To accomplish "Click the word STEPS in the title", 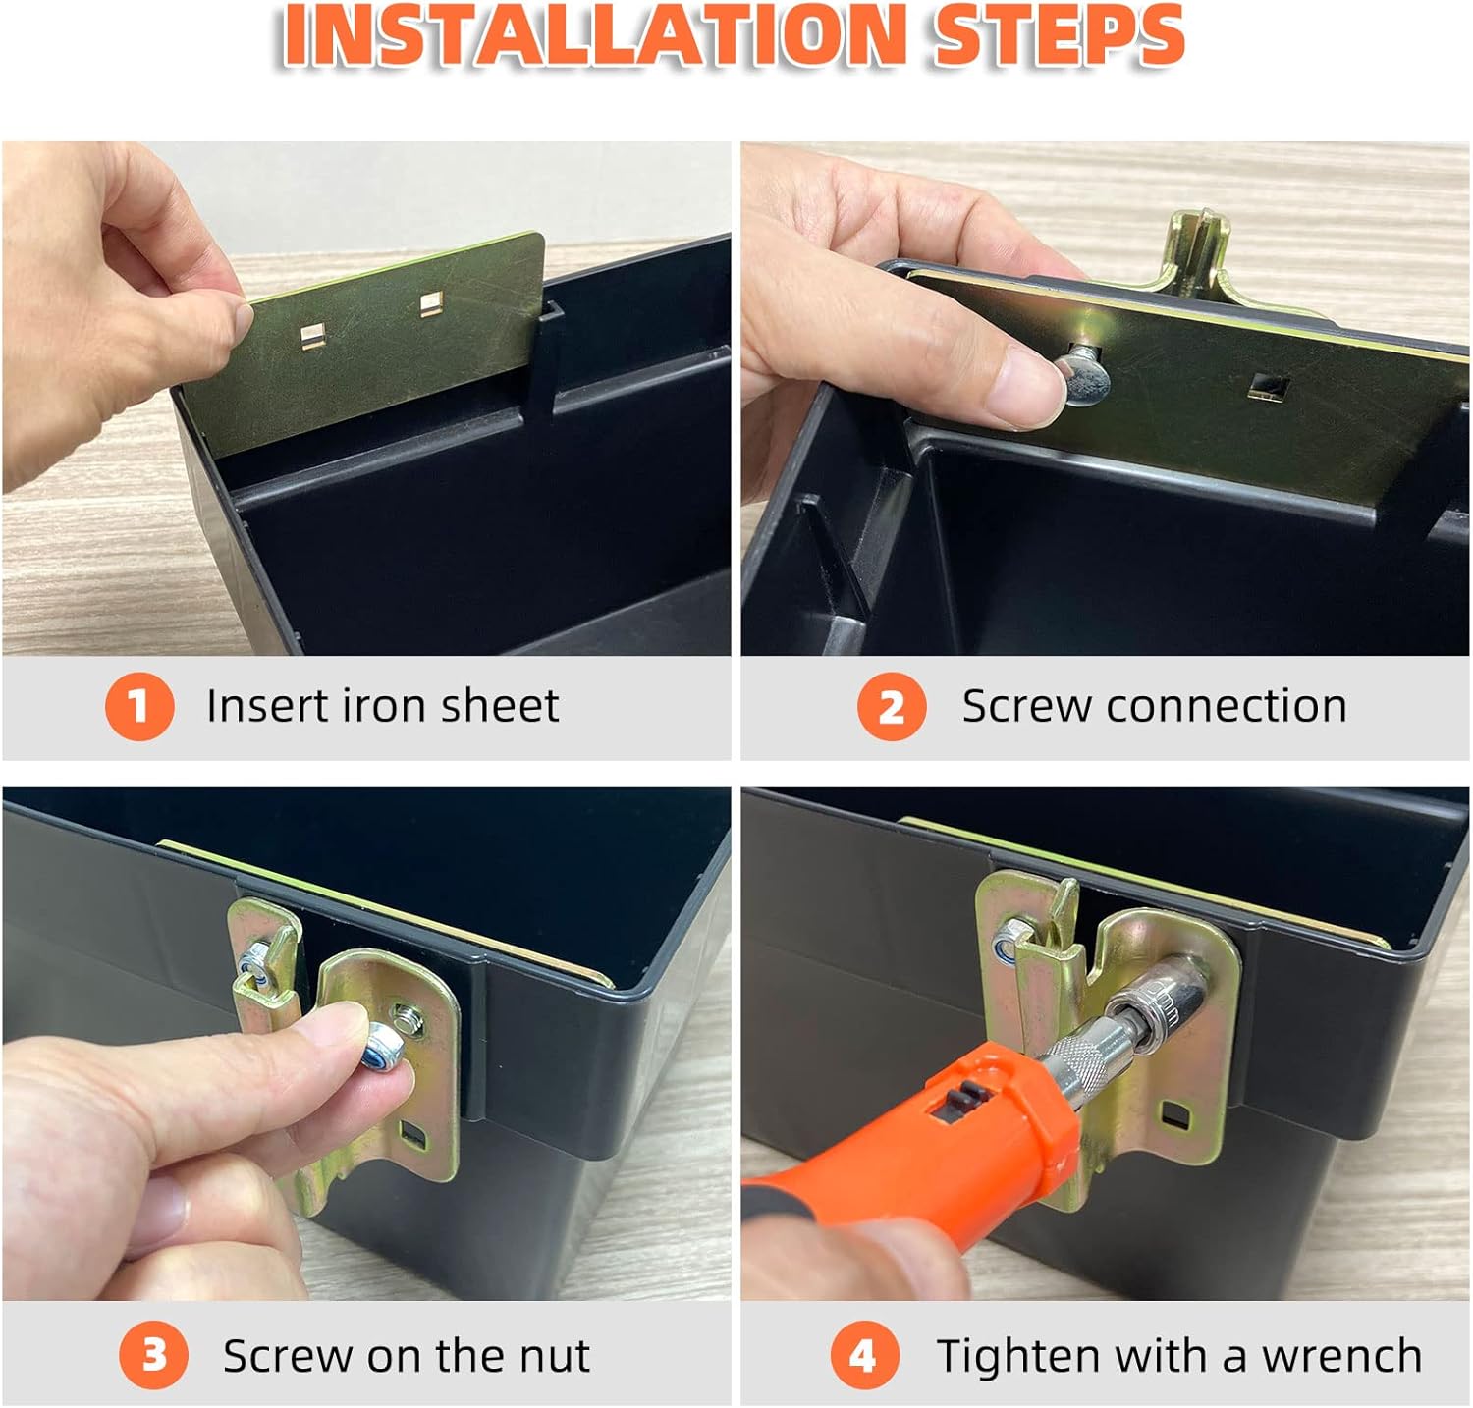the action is (x=1061, y=35).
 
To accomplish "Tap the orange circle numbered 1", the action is (x=139, y=706).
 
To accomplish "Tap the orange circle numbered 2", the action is (x=892, y=706).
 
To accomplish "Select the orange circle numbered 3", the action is (x=154, y=1355).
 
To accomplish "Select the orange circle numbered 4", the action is (x=865, y=1355).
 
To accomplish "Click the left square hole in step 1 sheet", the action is (x=313, y=337).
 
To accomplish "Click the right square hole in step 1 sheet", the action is (x=429, y=304).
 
